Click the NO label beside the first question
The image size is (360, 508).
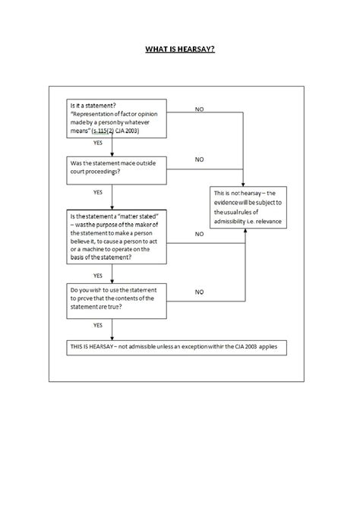[199, 110]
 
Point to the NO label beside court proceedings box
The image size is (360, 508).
[199, 160]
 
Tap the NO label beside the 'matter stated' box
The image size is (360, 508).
[199, 234]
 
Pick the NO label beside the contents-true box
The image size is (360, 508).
[199, 292]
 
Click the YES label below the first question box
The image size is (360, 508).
[98, 143]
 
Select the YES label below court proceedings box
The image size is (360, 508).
[98, 193]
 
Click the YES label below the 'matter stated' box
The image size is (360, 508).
[98, 275]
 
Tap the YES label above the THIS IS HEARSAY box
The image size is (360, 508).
[98, 325]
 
